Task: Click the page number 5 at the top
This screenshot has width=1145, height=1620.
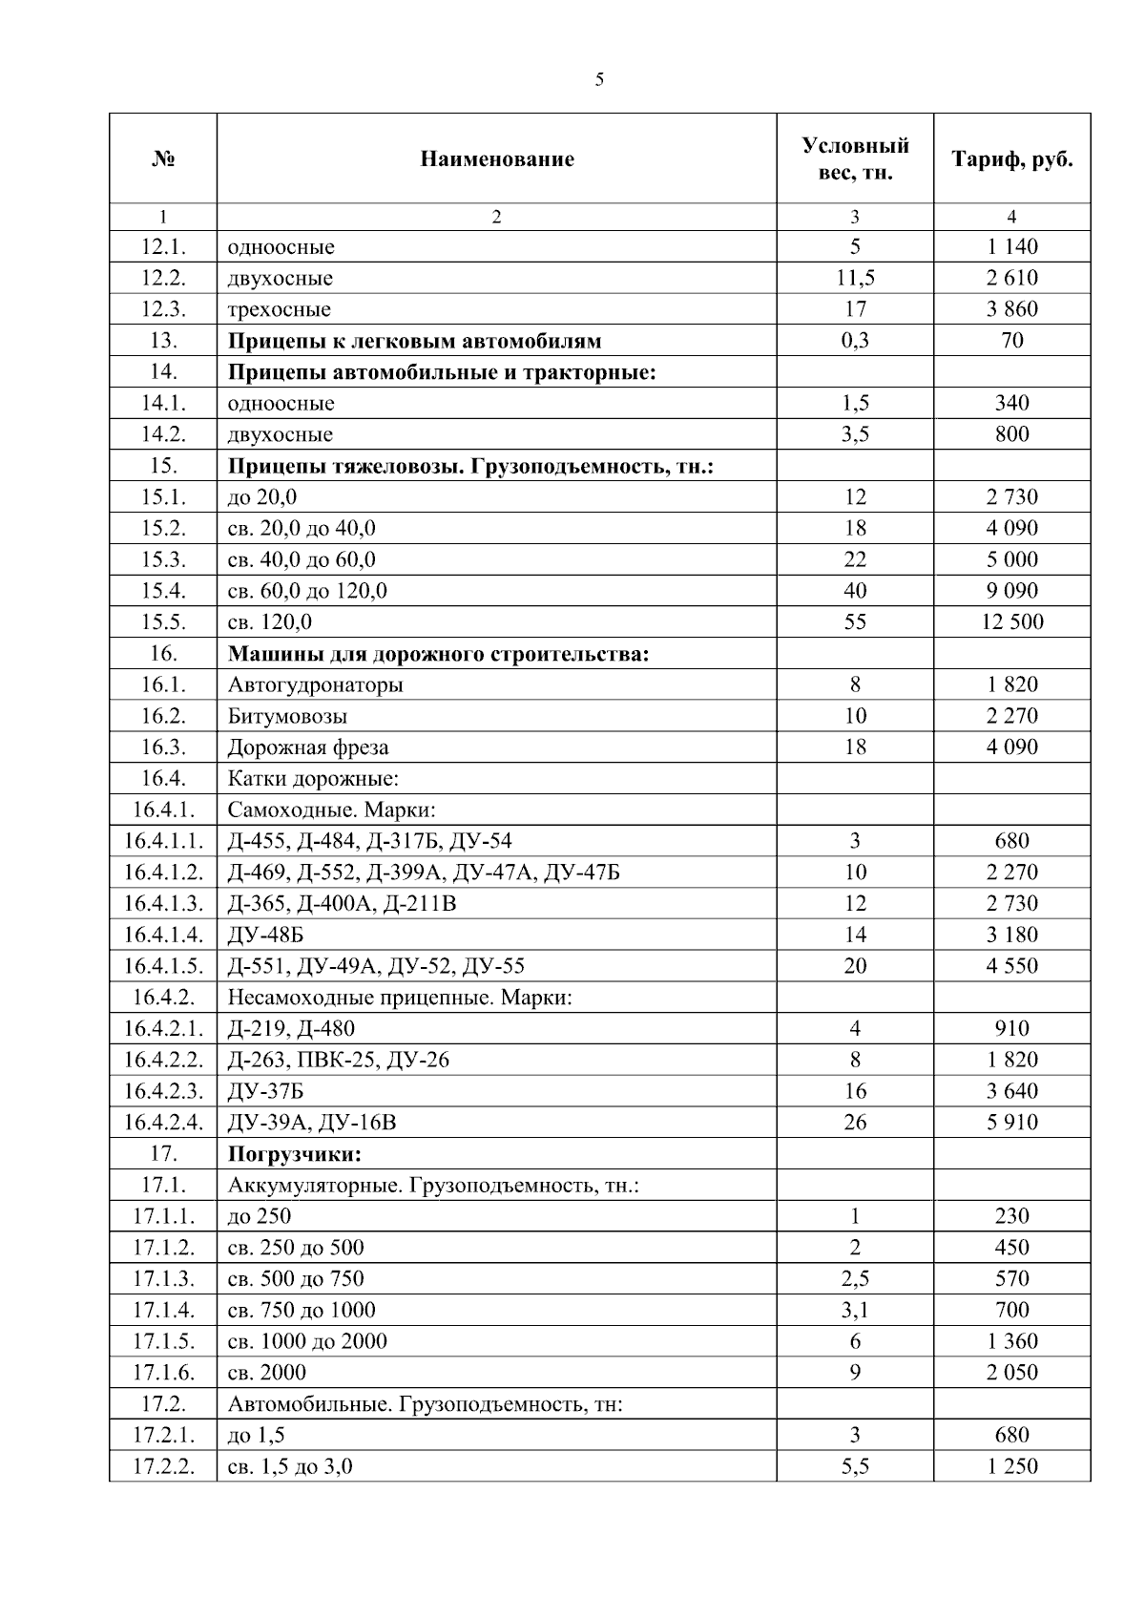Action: pyautogui.click(x=599, y=80)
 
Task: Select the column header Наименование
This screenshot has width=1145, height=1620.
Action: pyautogui.click(x=497, y=159)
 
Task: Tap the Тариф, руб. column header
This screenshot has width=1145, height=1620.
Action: pyautogui.click(x=1011, y=159)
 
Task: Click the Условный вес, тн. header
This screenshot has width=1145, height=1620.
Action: pyautogui.click(x=855, y=159)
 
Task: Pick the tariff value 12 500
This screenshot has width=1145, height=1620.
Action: pyautogui.click(x=1011, y=622)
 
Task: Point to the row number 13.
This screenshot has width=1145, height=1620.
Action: pyautogui.click(x=163, y=341)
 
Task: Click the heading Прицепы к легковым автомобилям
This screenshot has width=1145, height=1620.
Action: pyautogui.click(x=415, y=341)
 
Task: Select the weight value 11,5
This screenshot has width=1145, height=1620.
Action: pyautogui.click(x=855, y=279)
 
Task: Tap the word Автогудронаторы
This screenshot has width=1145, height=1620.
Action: pyautogui.click(x=315, y=684)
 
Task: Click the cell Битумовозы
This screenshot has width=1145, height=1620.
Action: pyautogui.click(x=287, y=716)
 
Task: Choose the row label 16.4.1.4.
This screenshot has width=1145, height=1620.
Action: pyautogui.click(x=163, y=935)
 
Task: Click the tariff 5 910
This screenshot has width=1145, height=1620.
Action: pyautogui.click(x=1011, y=1123)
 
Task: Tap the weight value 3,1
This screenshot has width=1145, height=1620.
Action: pyautogui.click(x=855, y=1310)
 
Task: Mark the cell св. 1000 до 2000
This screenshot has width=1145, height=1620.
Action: pyautogui.click(x=307, y=1341)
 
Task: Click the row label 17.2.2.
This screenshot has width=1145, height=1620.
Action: pyautogui.click(x=163, y=1466)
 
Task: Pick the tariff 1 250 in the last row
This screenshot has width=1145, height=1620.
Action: pyautogui.click(x=1011, y=1466)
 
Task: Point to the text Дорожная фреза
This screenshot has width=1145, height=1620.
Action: pyautogui.click(x=308, y=747)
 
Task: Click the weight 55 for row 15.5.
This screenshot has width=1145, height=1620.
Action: pyautogui.click(x=855, y=622)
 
